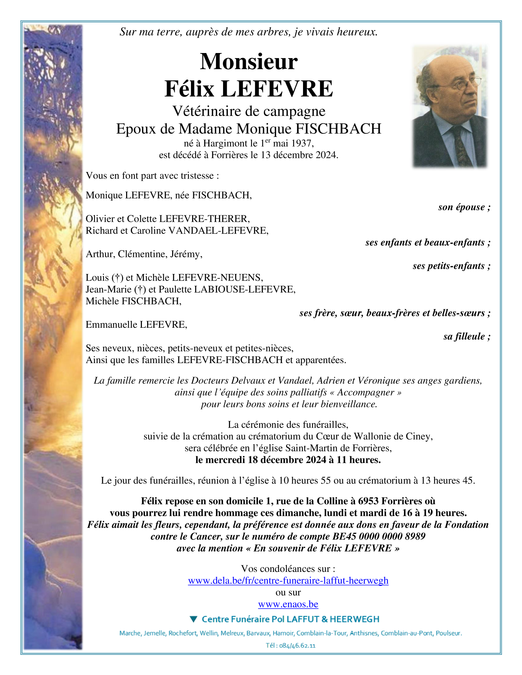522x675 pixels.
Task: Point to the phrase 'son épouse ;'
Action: tap(464, 207)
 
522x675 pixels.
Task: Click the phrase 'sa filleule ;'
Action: tap(467, 336)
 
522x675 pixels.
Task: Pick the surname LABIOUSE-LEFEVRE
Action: tap(244, 289)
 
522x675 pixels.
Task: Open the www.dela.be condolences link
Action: tap(288, 581)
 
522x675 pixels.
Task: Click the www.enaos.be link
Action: tap(288, 604)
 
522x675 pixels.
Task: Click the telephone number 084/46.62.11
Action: tap(297, 646)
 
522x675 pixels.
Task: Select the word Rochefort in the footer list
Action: tap(182, 633)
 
